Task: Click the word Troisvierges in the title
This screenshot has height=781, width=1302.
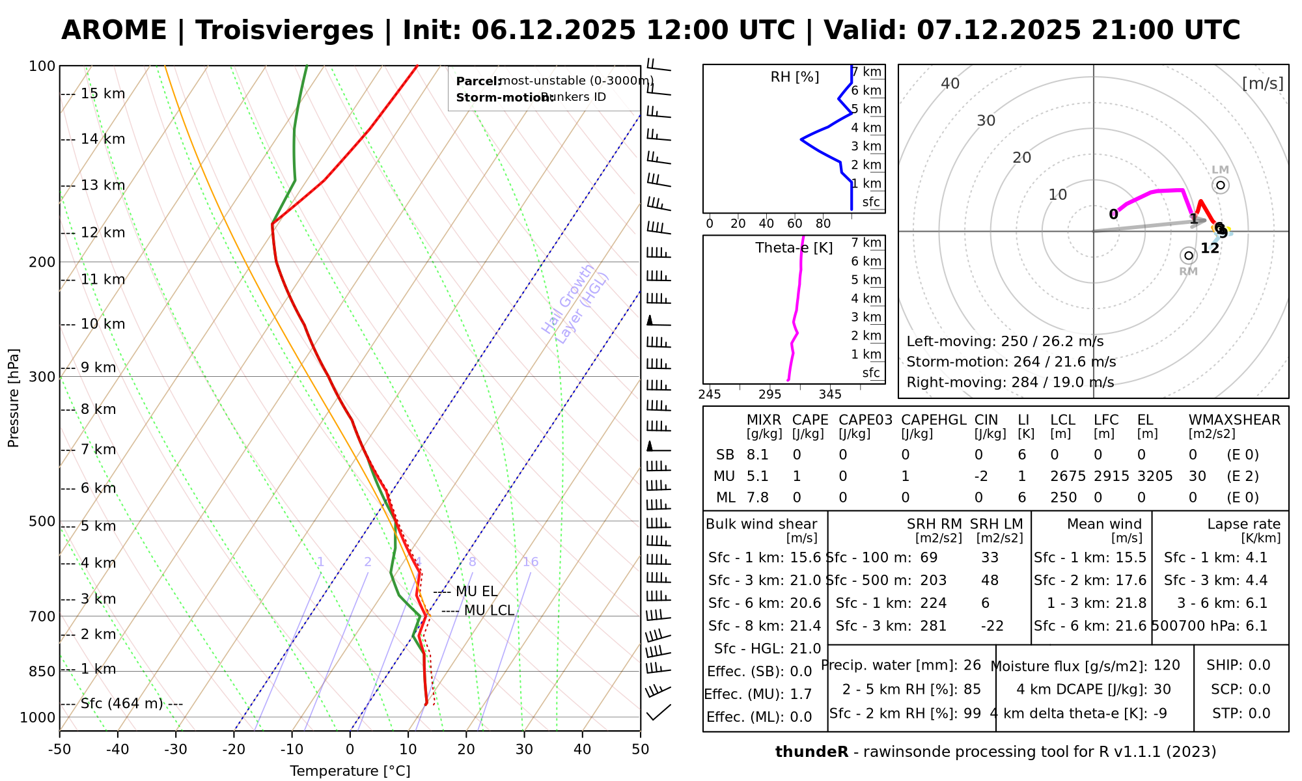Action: coord(284,31)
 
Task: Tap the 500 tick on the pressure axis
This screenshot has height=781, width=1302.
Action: coord(43,521)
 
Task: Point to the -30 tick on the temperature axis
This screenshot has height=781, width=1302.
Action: coord(176,750)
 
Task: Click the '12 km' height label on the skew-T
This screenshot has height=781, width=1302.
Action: coord(103,233)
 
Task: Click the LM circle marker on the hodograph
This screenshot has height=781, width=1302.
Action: coord(1221,185)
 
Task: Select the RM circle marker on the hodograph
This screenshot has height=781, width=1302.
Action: coord(1189,256)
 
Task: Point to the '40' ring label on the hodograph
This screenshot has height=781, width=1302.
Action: coord(950,83)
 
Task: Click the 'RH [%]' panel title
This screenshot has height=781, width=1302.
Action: coord(794,77)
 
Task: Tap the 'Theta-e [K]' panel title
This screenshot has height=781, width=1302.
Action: coord(794,248)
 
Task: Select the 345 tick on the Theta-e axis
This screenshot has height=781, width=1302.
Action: coord(830,394)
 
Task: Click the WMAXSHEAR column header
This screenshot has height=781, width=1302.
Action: coord(1234,420)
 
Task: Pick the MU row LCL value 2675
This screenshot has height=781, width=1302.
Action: coord(1068,476)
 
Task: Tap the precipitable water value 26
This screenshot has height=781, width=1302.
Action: coord(972,665)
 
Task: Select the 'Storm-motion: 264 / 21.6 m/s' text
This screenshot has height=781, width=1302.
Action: coord(1011,362)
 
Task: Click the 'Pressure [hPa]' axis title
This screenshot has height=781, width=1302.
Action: coord(14,398)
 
